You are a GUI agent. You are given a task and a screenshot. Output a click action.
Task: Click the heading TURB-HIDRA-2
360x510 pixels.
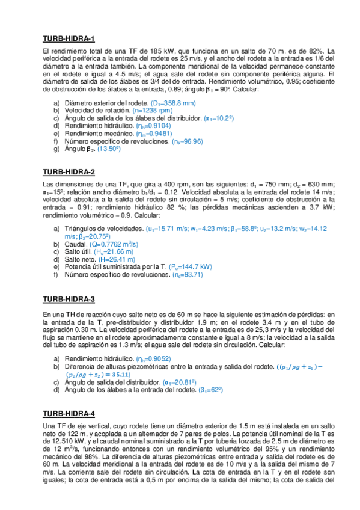(69, 172)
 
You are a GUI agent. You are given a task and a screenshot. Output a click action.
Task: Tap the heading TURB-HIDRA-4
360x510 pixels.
(69, 413)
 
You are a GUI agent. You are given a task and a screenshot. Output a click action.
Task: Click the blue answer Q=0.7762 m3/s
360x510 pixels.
(114, 244)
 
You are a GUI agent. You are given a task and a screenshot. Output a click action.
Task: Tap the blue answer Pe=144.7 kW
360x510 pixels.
(188, 266)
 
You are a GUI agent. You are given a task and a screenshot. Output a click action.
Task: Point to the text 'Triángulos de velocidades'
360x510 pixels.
(103, 229)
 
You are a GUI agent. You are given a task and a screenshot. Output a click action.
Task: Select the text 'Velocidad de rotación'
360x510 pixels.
(89, 111)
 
